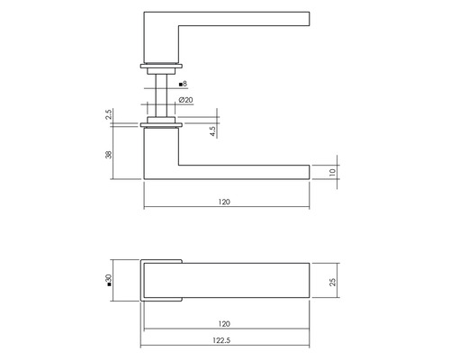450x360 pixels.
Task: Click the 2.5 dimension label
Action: pyautogui.click(x=109, y=116)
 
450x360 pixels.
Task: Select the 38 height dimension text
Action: pyautogui.click(x=109, y=154)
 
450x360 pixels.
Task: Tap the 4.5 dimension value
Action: pyautogui.click(x=212, y=130)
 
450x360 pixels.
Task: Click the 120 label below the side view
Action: pyautogui.click(x=224, y=202)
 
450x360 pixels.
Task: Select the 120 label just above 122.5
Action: pyautogui.click(x=224, y=323)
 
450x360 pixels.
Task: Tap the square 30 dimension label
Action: pyautogui.click(x=109, y=282)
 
